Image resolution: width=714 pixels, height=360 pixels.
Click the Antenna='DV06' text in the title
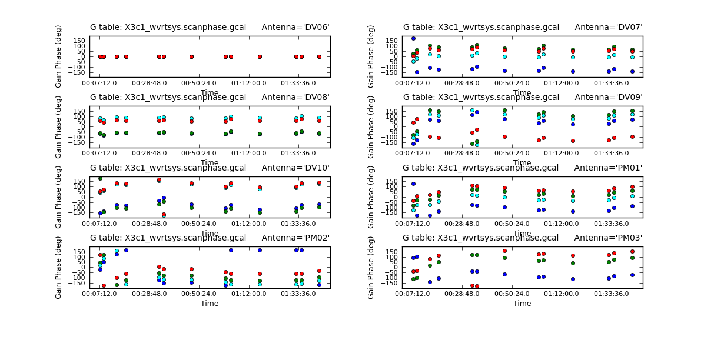click(x=295, y=27)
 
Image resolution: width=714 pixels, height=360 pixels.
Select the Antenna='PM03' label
click(x=608, y=238)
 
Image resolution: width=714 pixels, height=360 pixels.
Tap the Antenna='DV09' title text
click(x=608, y=97)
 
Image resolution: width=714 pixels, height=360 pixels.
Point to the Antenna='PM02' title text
click(x=295, y=238)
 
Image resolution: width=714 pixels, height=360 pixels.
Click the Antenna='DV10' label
click(x=295, y=168)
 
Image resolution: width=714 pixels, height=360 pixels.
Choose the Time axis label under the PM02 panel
click(x=210, y=304)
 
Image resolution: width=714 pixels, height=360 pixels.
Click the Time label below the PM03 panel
click(x=522, y=304)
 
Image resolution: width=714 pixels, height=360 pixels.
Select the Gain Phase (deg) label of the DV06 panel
click(x=59, y=56)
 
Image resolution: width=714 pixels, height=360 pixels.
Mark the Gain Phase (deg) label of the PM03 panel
click(x=371, y=268)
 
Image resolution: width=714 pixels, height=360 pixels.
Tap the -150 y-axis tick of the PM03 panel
click(x=392, y=283)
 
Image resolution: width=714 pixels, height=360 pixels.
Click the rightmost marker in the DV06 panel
click(x=319, y=56)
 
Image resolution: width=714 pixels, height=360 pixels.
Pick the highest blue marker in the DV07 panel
click(x=413, y=39)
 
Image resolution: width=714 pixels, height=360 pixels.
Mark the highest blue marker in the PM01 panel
click(x=413, y=184)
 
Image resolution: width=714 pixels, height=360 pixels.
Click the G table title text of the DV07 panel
click(x=481, y=27)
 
